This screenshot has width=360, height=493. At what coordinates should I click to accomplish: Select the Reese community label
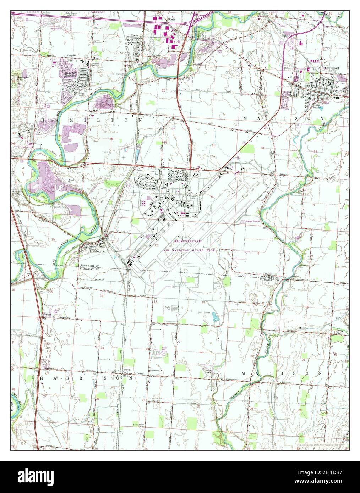pyautogui.click(x=134, y=35)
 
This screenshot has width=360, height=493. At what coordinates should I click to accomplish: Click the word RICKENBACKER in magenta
pyautogui.click(x=188, y=241)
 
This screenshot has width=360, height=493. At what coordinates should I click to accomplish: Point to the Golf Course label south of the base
pyautogui.click(x=204, y=313)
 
